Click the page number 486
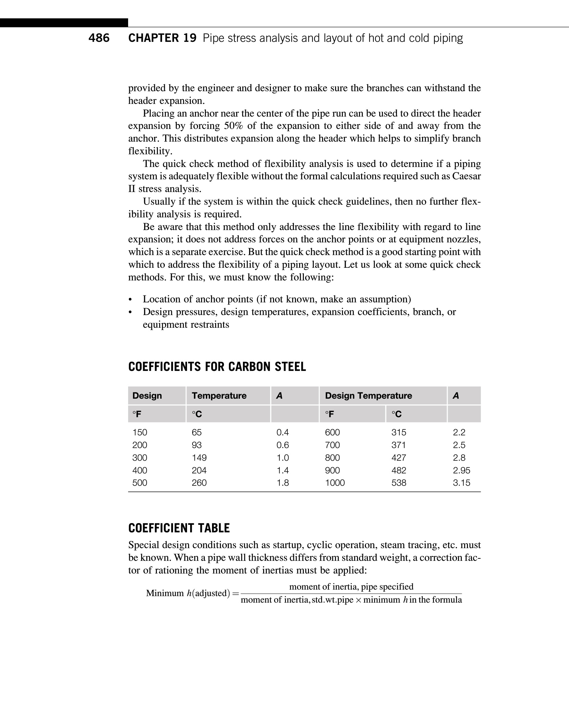99,38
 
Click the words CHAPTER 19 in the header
162,38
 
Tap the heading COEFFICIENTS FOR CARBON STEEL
217,367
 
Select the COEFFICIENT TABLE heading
179,528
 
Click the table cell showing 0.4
283,432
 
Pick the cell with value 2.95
461,470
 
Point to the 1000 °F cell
335,483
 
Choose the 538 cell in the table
399,483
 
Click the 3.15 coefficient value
461,483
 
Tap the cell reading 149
199,458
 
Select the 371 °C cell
399,445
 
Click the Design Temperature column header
368,396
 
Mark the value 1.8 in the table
283,483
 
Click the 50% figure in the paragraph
233,126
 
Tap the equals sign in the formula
235,593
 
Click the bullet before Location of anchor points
130,300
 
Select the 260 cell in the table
199,483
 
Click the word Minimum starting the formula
165,593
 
